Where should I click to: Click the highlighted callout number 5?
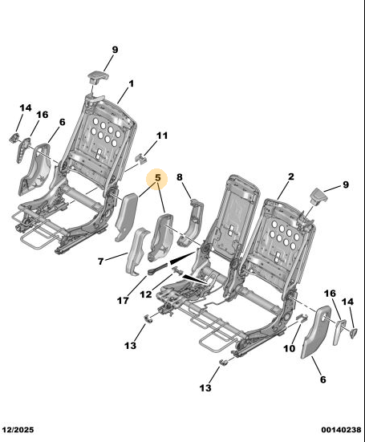pyautogui.click(x=157, y=178)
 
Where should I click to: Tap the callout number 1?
pyautogui.click(x=131, y=83)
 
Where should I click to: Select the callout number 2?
pyautogui.click(x=291, y=176)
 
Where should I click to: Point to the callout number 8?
pyautogui.click(x=180, y=177)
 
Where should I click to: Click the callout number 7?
pyautogui.click(x=100, y=262)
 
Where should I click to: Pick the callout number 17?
pyautogui.click(x=123, y=301)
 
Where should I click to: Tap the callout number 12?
pyautogui.click(x=146, y=294)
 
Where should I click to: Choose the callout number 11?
pyautogui.click(x=162, y=136)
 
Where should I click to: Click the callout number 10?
pyautogui.click(x=289, y=349)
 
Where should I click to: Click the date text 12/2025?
pyautogui.click(x=17, y=430)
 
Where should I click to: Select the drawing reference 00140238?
pyautogui.click(x=341, y=430)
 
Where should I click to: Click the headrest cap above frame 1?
pyautogui.click(x=98, y=77)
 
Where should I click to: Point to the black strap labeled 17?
pyautogui.click(x=158, y=269)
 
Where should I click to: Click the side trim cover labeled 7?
pyautogui.click(x=137, y=251)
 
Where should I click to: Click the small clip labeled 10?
pyautogui.click(x=302, y=317)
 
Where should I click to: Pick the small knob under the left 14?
pyautogui.click(x=14, y=138)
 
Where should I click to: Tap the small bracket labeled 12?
pyautogui.click(x=177, y=270)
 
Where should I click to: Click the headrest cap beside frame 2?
pyautogui.click(x=318, y=196)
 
